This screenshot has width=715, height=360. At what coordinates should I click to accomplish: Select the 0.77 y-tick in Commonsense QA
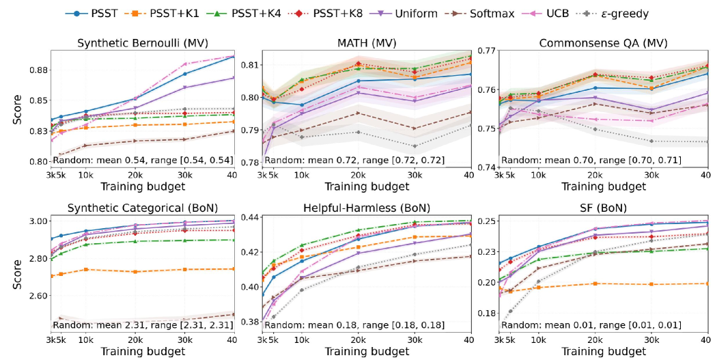click(488, 51)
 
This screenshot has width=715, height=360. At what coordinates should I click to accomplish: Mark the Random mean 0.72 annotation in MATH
click(356, 160)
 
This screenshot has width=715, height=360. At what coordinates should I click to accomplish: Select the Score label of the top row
click(16, 109)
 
